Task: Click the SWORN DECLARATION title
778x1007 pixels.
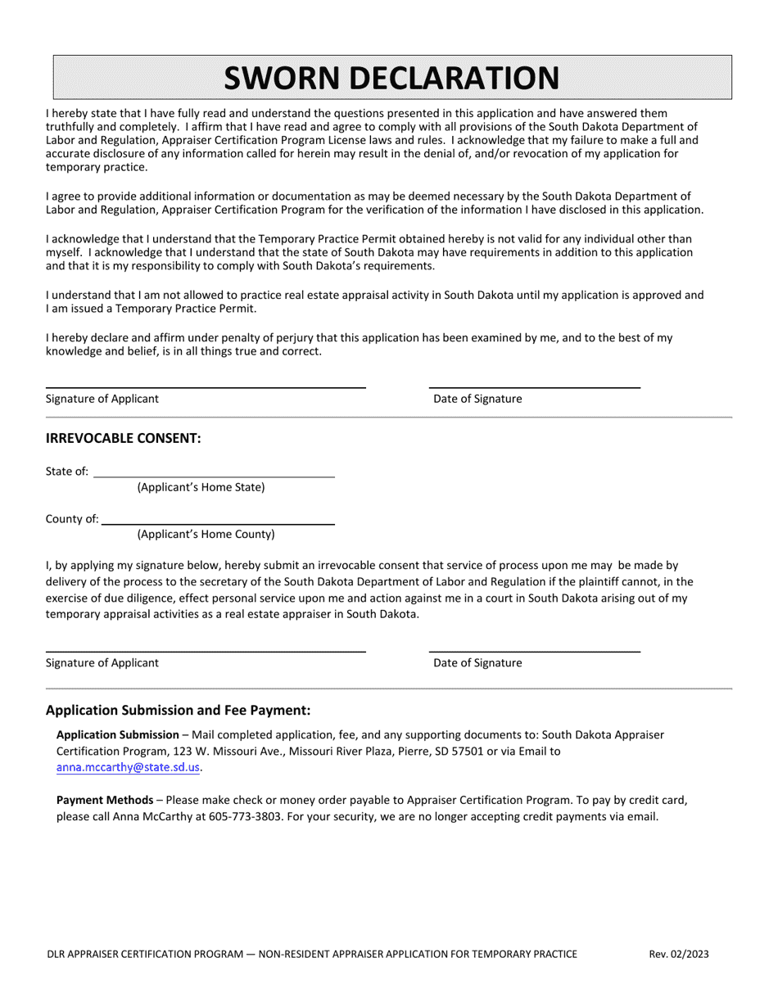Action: (x=392, y=78)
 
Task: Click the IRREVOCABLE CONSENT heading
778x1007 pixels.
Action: (x=123, y=438)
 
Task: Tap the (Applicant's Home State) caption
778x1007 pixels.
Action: (x=201, y=487)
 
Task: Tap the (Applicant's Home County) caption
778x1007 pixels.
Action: (x=206, y=535)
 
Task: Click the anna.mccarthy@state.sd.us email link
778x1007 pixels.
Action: (x=128, y=768)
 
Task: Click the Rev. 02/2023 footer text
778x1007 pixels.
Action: (x=679, y=954)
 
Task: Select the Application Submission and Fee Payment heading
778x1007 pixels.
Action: (x=179, y=710)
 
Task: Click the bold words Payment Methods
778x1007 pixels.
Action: (x=105, y=800)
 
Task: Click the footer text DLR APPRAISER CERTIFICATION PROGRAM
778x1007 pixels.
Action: (x=147, y=954)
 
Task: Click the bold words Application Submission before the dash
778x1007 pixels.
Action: (x=117, y=734)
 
